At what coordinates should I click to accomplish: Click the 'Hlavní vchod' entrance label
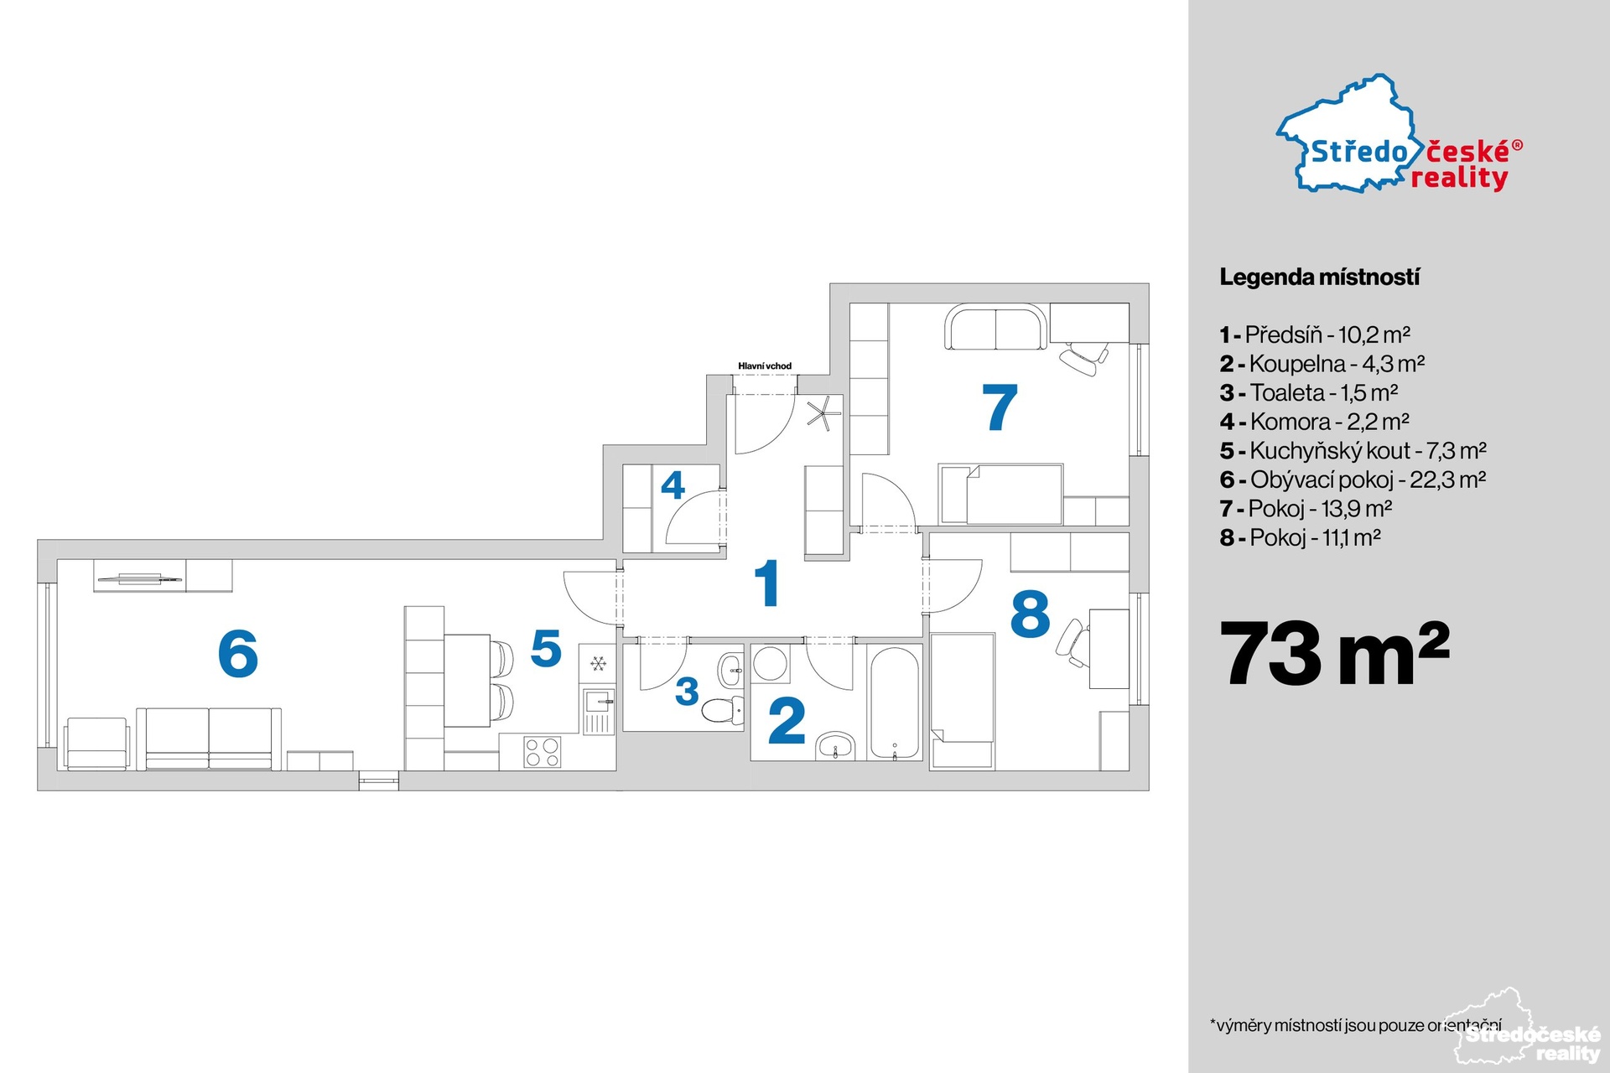(x=765, y=366)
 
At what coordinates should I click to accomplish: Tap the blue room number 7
(x=1000, y=407)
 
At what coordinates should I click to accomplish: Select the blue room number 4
(x=673, y=485)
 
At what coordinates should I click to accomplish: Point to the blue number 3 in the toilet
(x=687, y=692)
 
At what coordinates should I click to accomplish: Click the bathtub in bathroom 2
(x=895, y=702)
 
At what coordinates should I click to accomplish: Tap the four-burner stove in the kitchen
(x=543, y=750)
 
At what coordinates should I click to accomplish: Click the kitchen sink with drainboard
(x=599, y=711)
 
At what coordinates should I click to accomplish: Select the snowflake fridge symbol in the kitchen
(x=598, y=664)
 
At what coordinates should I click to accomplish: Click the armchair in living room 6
(x=98, y=744)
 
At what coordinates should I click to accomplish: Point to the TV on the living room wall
(x=138, y=578)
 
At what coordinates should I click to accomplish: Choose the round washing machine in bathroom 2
(x=770, y=662)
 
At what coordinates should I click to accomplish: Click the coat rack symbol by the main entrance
(x=822, y=412)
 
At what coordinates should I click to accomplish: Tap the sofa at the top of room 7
(x=996, y=327)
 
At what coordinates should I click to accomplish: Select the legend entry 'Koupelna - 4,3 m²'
(x=1322, y=364)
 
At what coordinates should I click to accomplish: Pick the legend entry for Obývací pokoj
(x=1353, y=479)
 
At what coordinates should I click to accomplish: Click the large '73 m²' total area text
(x=1334, y=654)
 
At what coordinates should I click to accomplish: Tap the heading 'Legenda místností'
(x=1319, y=277)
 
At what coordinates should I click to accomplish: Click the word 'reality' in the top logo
(x=1459, y=179)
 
